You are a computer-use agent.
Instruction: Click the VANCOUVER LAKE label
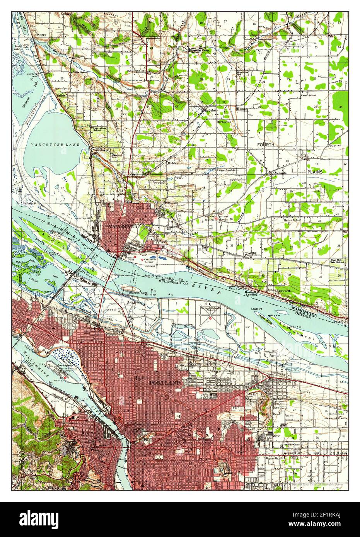[x=55, y=144]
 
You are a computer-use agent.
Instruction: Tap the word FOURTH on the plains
[x=266, y=144]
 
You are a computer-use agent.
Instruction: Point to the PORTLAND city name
[x=165, y=382]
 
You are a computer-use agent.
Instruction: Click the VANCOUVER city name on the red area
[x=121, y=226]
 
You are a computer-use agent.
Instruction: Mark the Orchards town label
[x=280, y=173]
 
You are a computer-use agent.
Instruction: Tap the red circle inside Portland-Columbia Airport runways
[x=210, y=318]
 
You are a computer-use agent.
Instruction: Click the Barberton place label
[x=224, y=121]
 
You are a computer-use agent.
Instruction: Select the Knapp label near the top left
[x=41, y=34]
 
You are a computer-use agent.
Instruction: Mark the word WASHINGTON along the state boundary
[x=305, y=311]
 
